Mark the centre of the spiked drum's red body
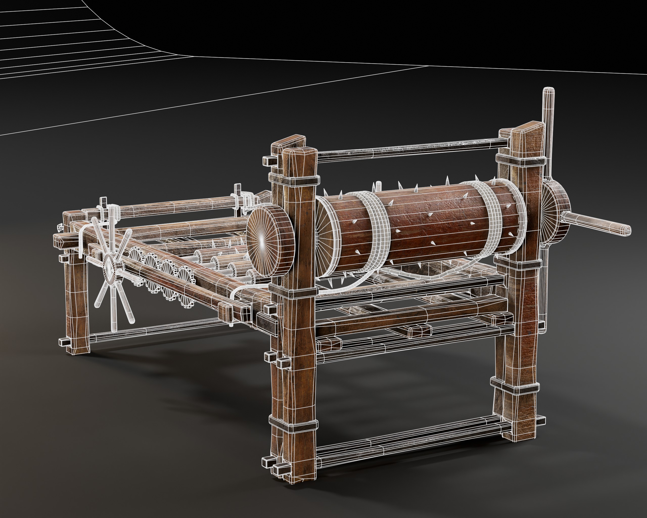(435, 225)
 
